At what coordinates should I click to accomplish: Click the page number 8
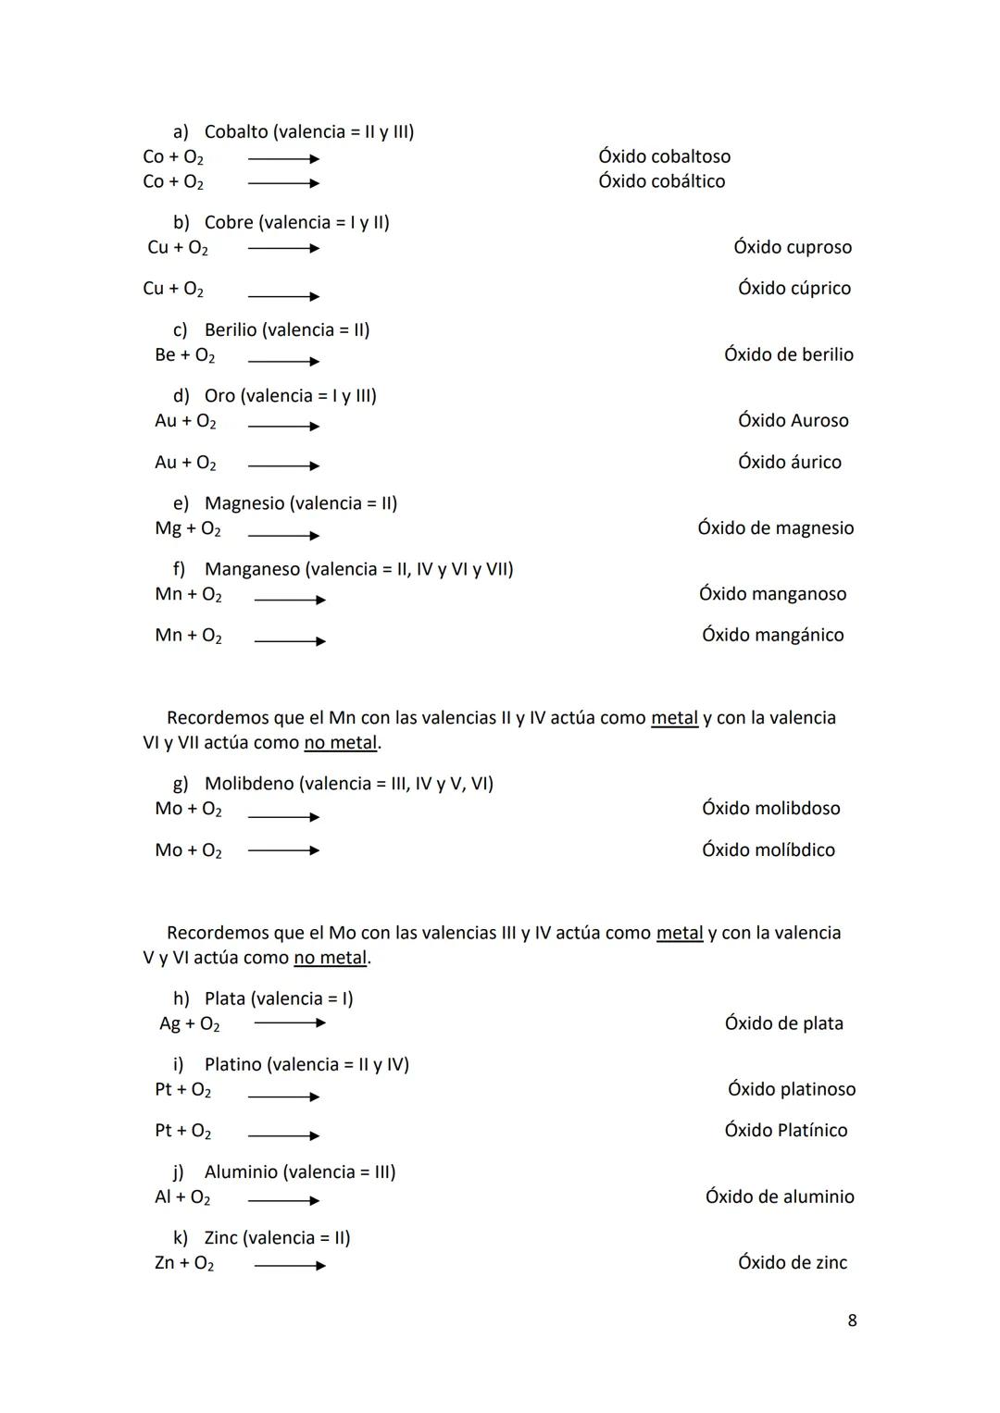pos(852,1320)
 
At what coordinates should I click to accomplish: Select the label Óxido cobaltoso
pos(664,156)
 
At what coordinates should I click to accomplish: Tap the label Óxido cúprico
pos(794,288)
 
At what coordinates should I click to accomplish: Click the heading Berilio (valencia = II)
pos(286,329)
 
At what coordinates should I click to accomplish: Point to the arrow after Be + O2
pos(283,361)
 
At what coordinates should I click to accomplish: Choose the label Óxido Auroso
pos(793,420)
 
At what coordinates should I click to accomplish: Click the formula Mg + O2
pos(188,528)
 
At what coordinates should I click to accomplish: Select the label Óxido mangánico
pos(772,635)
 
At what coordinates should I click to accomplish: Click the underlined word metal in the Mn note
pos(674,718)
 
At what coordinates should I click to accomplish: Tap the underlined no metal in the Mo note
pos(330,958)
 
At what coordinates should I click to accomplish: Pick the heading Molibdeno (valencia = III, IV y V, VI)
pos(348,784)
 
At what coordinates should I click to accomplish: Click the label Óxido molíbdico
pos(768,849)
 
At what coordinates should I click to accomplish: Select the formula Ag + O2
pos(190,1023)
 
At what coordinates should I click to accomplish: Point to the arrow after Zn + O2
pos(290,1266)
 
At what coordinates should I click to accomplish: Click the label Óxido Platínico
pos(785,1130)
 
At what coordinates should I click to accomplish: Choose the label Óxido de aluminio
pos(780,1196)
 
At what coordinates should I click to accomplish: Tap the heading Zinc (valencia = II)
pos(277,1238)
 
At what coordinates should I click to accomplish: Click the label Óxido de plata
pos(783,1023)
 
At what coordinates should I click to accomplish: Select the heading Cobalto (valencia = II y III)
pos(308,131)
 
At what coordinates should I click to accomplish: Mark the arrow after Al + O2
pos(283,1200)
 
